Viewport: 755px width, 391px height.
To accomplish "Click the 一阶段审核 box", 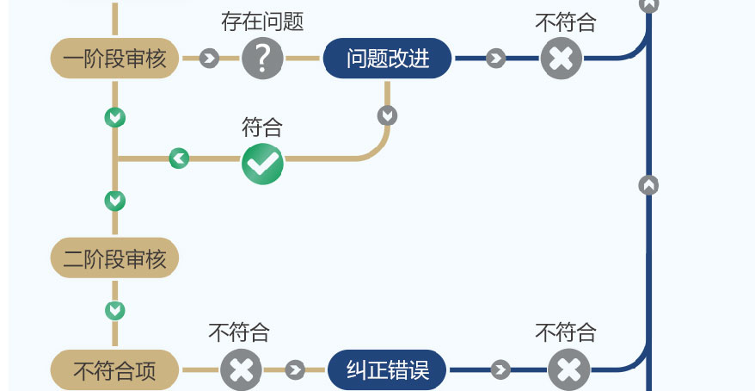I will (x=114, y=59).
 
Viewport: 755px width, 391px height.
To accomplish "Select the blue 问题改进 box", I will (x=388, y=59).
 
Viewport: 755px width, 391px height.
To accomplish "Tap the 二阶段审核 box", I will (x=114, y=258).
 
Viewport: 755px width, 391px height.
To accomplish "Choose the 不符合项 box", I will (x=114, y=371).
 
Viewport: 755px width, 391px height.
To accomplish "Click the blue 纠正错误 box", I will (x=388, y=371).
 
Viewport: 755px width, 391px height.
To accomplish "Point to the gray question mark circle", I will (x=262, y=59).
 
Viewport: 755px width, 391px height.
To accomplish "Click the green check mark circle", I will (x=262, y=162).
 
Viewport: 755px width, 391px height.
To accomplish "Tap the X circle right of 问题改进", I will (x=561, y=59).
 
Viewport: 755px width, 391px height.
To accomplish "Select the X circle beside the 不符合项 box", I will (x=241, y=370).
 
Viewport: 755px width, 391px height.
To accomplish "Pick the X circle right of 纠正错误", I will (x=568, y=370).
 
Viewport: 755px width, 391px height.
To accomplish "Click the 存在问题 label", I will (x=262, y=22).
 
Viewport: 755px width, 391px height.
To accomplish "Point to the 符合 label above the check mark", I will (x=262, y=127).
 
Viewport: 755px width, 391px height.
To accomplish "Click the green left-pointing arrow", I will (x=179, y=158).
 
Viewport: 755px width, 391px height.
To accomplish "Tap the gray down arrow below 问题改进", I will (x=388, y=115).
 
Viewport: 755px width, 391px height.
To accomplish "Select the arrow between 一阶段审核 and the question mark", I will (x=208, y=59).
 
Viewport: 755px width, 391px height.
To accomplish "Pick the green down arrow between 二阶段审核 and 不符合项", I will (x=114, y=309).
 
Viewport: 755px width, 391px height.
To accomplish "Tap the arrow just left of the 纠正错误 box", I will (x=295, y=370).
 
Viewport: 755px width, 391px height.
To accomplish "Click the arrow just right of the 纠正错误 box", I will (x=500, y=370).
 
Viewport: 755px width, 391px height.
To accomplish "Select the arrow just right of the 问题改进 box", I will (x=495, y=59).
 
